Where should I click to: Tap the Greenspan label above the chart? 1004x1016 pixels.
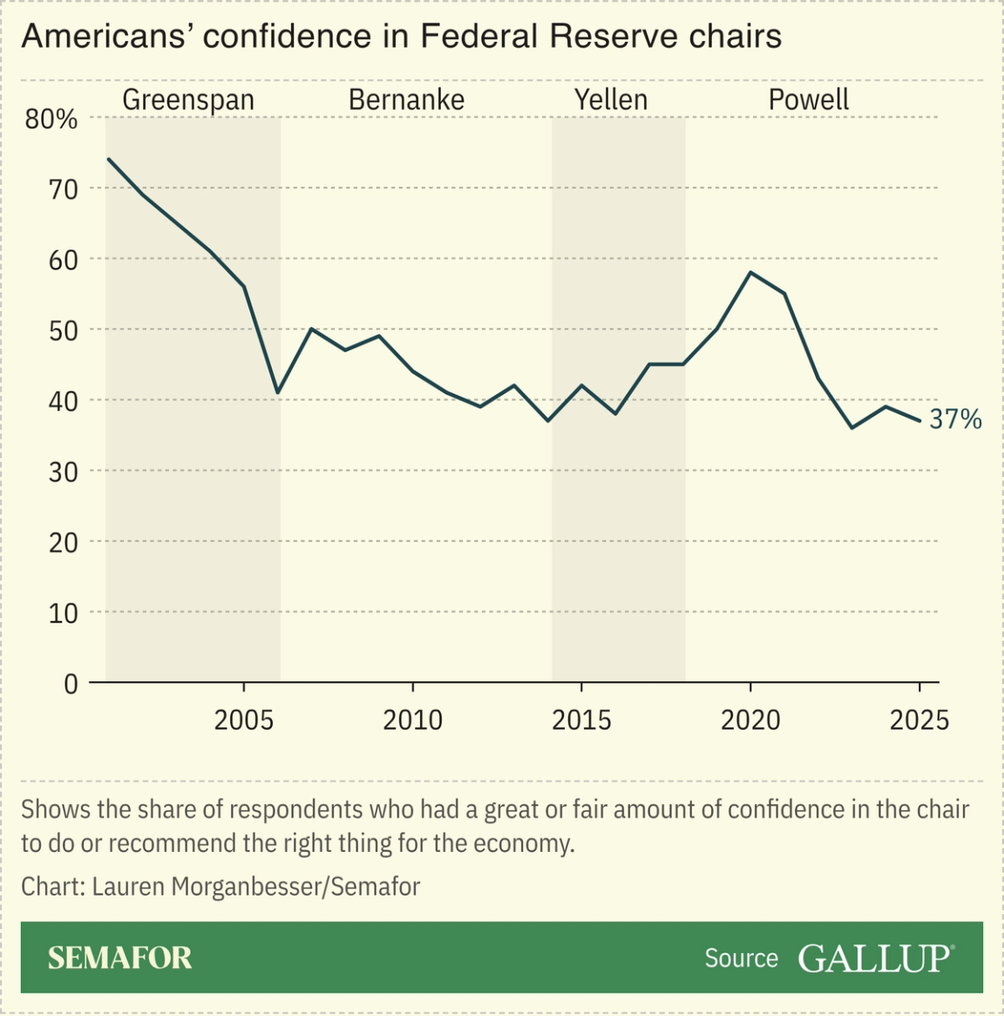coord(188,99)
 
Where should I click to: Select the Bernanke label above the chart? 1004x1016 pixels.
coord(406,99)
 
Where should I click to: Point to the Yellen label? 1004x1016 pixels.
coord(611,99)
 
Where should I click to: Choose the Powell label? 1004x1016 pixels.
coord(808,99)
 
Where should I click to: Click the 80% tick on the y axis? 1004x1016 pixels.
coord(51,119)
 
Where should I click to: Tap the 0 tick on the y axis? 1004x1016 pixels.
coord(71,684)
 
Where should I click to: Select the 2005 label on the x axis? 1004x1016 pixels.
coord(244,720)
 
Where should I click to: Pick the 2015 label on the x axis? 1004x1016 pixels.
coord(581,720)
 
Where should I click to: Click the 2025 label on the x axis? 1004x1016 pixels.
coord(919,720)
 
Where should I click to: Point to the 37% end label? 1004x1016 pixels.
coord(955,419)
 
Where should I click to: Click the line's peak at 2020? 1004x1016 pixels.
coord(750,273)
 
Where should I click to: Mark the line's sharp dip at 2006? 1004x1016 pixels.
coord(277,392)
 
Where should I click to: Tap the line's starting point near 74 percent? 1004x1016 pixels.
coord(108,159)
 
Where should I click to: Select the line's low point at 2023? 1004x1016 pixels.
coord(851,427)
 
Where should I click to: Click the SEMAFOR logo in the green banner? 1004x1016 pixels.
coord(119,958)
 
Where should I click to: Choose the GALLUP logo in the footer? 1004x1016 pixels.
coord(875,958)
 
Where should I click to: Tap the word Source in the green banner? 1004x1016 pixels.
coord(741,958)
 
